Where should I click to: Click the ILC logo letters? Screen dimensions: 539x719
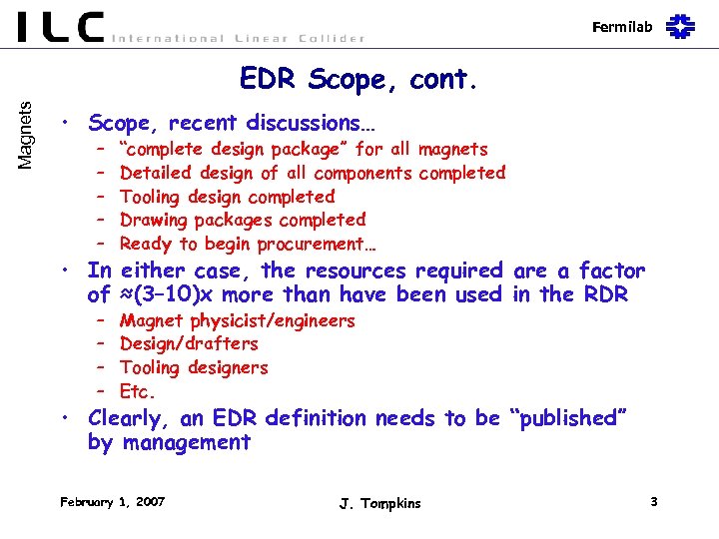click(60, 26)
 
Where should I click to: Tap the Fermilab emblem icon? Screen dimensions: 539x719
click(681, 26)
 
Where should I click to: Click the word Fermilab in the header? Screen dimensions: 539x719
click(622, 27)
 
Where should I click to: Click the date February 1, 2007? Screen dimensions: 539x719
click(112, 501)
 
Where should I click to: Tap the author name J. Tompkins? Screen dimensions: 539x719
click(379, 503)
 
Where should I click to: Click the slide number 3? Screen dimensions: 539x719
click(653, 501)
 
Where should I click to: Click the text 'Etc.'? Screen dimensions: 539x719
click(138, 391)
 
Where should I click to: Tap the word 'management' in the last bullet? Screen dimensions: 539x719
click(187, 442)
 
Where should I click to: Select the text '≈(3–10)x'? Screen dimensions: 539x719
click(166, 294)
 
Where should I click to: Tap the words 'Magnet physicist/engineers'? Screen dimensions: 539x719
click(237, 320)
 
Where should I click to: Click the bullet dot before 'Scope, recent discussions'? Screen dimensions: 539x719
click(63, 124)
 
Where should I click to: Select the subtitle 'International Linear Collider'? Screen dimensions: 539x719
click(238, 38)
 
